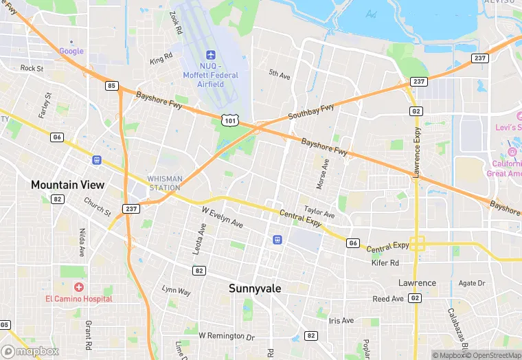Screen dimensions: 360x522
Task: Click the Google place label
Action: point(71,51)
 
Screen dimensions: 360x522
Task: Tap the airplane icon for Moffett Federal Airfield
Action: point(211,56)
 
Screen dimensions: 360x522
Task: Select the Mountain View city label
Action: point(67,185)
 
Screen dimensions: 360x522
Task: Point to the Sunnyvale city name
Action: point(255,289)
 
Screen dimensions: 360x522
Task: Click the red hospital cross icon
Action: point(80,286)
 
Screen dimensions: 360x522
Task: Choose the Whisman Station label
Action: point(165,183)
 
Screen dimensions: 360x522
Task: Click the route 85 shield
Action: point(111,86)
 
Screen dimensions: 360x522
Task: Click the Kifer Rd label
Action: point(385,262)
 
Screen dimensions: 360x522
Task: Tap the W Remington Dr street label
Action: point(226,336)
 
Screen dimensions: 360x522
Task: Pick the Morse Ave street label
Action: point(323,175)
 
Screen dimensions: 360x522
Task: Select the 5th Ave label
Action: point(279,74)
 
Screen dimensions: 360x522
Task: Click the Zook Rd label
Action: point(176,22)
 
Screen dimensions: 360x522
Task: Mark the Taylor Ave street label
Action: point(319,213)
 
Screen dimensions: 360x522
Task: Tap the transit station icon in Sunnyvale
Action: point(277,240)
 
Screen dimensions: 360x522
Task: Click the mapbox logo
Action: point(30,351)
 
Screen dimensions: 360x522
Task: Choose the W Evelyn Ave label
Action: point(222,218)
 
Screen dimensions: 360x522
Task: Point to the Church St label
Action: point(97,206)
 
